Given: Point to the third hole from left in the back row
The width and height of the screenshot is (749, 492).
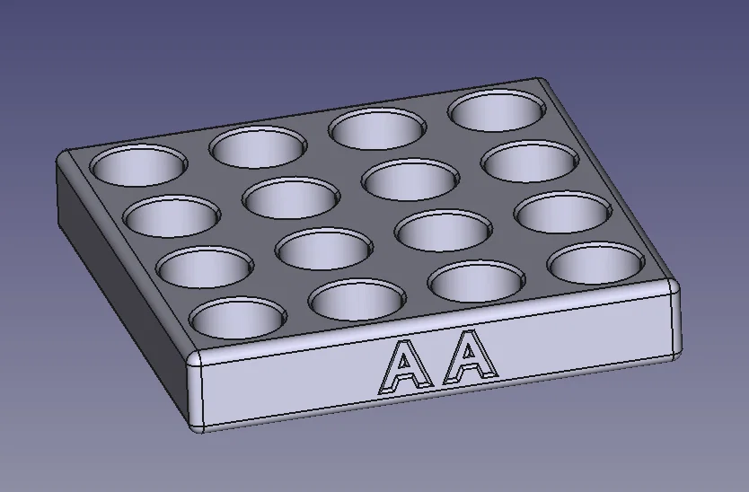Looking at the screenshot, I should pyautogui.click(x=377, y=127).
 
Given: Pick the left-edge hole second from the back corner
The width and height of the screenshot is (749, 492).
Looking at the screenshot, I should pyautogui.click(x=172, y=215).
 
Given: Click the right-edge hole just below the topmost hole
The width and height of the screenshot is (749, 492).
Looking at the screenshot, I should pyautogui.click(x=529, y=163).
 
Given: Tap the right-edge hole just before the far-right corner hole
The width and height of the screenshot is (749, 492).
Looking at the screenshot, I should pyautogui.click(x=562, y=212).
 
